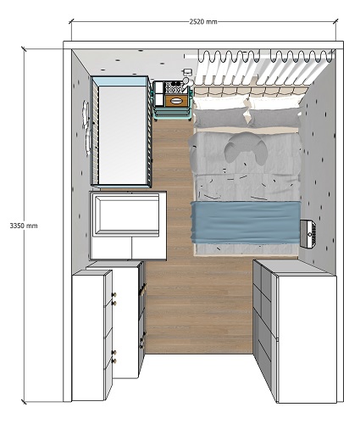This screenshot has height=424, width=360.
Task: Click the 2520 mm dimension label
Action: pyautogui.click(x=203, y=22)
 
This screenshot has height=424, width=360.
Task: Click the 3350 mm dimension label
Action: pyautogui.click(x=24, y=226)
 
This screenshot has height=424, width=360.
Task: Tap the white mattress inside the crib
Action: pyautogui.click(x=122, y=135)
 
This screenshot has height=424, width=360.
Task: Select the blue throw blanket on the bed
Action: pyautogui.click(x=246, y=222)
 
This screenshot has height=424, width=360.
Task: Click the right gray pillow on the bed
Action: pyautogui.click(x=274, y=118)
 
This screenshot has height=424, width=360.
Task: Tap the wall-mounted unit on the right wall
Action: pyautogui.click(x=307, y=234)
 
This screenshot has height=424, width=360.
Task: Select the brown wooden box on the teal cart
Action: pyautogui.click(x=176, y=101)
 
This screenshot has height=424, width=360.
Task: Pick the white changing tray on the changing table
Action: pyautogui.click(x=127, y=215)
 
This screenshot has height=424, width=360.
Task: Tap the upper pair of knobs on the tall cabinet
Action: pyautogui.click(x=114, y=298)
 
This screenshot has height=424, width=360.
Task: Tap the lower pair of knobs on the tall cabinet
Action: pyautogui.click(x=114, y=356)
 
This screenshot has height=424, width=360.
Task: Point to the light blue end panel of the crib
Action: pyautogui.click(x=121, y=81)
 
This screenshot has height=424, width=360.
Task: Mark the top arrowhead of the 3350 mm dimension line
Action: pyautogui.click(x=24, y=49)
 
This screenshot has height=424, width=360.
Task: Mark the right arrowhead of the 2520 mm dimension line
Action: pyautogui.click(x=335, y=21)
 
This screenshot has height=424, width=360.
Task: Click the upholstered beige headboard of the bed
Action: pyautogui.click(x=250, y=91)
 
